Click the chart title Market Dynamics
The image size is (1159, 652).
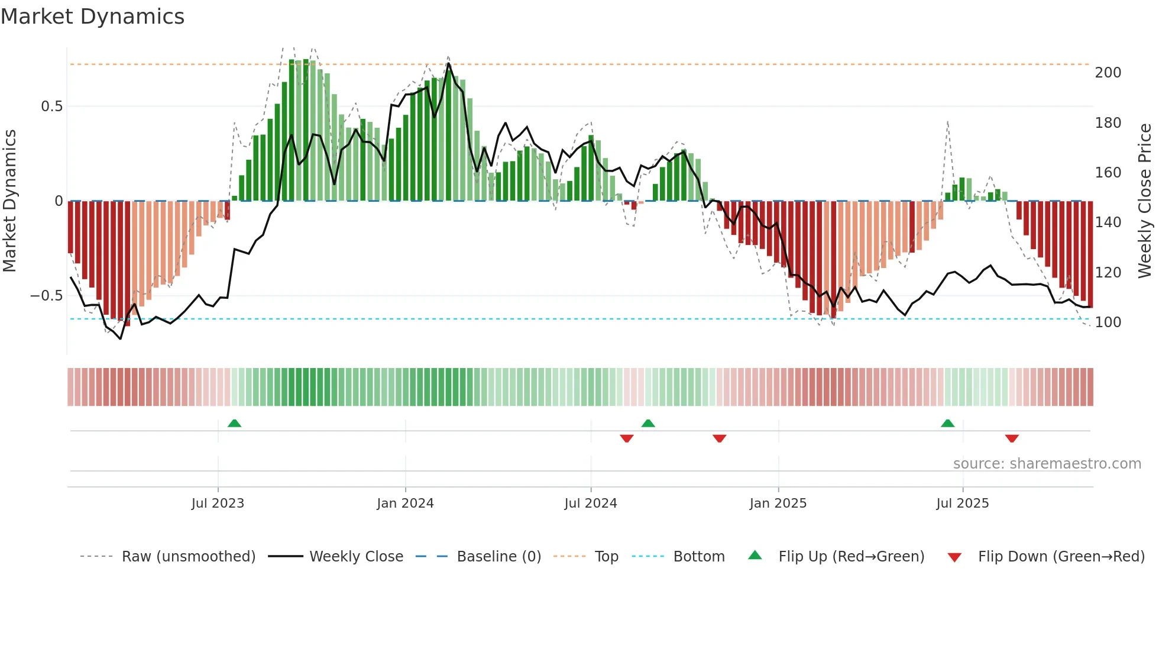pos(92,17)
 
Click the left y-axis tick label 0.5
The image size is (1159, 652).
pos(51,106)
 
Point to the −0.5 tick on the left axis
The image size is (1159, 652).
pos(47,296)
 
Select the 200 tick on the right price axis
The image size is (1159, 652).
pos(1108,73)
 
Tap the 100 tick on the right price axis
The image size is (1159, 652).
pos(1108,322)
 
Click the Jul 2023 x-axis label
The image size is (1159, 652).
pos(218,503)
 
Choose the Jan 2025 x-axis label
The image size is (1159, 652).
pos(778,503)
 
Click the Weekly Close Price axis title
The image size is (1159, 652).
pos(1145,201)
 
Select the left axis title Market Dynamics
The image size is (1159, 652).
pos(9,201)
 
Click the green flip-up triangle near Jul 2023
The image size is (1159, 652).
pos(234,423)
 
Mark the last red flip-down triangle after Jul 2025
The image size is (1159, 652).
pos(1011,438)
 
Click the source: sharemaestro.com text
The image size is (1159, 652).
pos(1047,464)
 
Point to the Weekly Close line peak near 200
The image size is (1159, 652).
pos(448,63)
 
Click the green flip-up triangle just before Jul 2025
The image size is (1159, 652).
pos(947,423)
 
